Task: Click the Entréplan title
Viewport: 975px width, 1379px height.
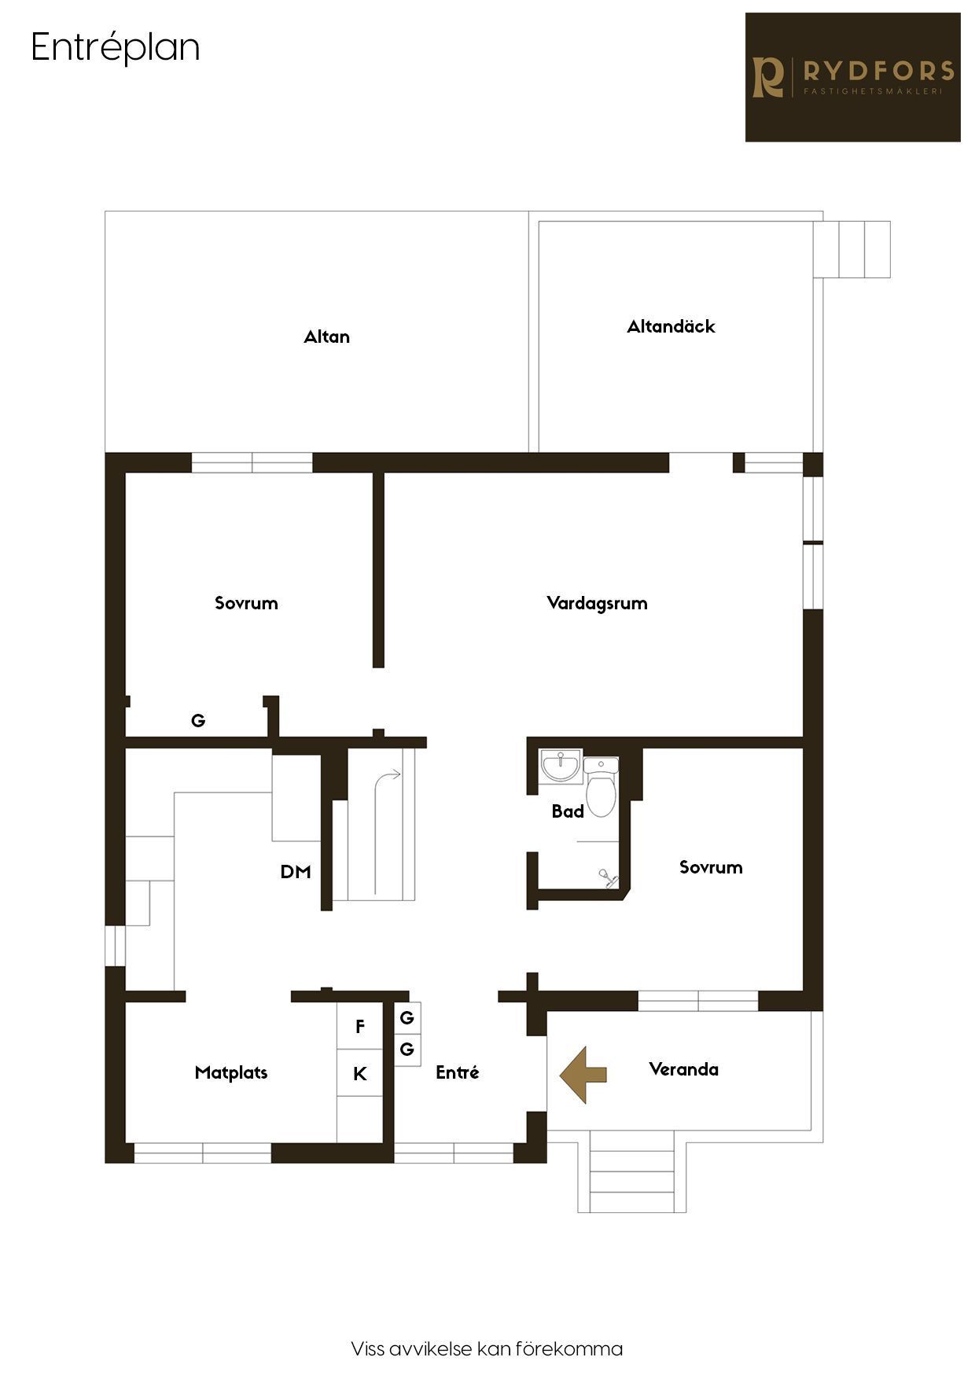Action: pyautogui.click(x=116, y=48)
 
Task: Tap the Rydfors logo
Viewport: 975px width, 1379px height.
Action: pyautogui.click(x=853, y=77)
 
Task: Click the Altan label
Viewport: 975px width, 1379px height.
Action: pyautogui.click(x=327, y=336)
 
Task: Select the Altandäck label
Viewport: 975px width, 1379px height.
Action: pyautogui.click(x=671, y=326)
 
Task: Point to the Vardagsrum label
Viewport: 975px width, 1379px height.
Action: pyautogui.click(x=597, y=604)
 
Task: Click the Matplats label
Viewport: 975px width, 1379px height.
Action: pyautogui.click(x=231, y=1072)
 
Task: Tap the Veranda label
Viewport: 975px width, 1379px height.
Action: pyautogui.click(x=683, y=1069)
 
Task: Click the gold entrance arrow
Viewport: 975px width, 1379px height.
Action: pyautogui.click(x=583, y=1075)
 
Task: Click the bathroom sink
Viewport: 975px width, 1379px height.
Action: pyautogui.click(x=561, y=766)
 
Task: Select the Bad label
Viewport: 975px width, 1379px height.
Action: pyautogui.click(x=568, y=811)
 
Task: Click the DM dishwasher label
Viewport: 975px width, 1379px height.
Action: pyautogui.click(x=296, y=872)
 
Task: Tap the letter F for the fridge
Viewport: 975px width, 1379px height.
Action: pyautogui.click(x=360, y=1026)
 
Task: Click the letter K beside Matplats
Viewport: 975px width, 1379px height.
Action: pyautogui.click(x=360, y=1074)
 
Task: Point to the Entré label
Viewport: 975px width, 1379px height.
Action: pyautogui.click(x=458, y=1072)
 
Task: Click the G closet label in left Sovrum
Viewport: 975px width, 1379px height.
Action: pyautogui.click(x=198, y=720)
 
